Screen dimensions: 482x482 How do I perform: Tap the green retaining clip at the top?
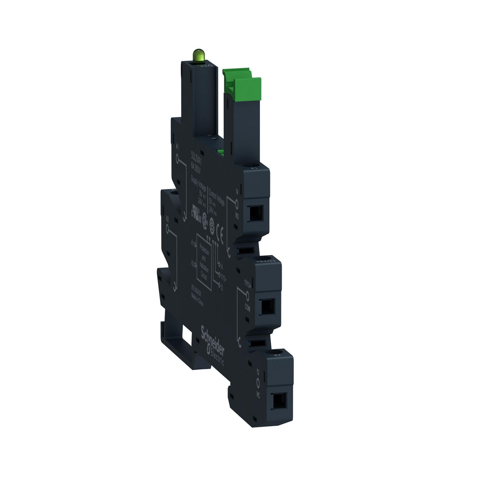pos(241,83)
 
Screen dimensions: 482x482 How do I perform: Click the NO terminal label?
pos(237,216)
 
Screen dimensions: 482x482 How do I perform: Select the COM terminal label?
pos(247,307)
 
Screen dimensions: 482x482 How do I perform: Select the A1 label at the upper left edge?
pos(177,147)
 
